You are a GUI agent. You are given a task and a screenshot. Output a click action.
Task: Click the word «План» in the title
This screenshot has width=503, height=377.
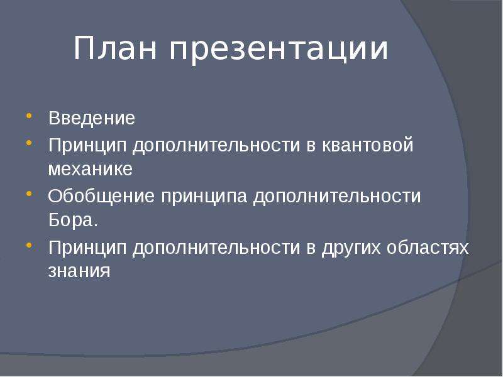pyautogui.click(x=116, y=48)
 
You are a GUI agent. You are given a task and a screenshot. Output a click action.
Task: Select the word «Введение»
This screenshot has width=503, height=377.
pyautogui.click(x=92, y=118)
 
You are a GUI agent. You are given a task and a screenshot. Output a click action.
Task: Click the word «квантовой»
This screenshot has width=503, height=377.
pyautogui.click(x=367, y=145)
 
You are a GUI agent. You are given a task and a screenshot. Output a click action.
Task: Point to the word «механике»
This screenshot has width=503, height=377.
pyautogui.click(x=90, y=169)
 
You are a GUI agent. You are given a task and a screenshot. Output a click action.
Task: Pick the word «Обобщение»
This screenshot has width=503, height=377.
pyautogui.click(x=101, y=195)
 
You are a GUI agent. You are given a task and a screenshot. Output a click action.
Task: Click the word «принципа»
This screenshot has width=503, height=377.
pyautogui.click(x=204, y=197)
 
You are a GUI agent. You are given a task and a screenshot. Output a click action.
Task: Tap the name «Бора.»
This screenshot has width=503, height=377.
pyautogui.click(x=73, y=220)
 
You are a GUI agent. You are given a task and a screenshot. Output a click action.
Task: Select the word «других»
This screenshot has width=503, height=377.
pyautogui.click(x=351, y=248)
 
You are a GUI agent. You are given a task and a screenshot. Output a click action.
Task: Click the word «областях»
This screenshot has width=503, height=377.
pyautogui.click(x=428, y=247)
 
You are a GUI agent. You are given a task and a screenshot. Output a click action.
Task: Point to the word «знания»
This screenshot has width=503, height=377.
pyautogui.click(x=79, y=271)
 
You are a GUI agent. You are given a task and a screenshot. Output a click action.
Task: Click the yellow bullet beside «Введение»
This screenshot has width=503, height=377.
pyautogui.click(x=29, y=116)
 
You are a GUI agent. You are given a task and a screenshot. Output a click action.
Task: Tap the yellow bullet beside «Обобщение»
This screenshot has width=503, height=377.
pyautogui.click(x=29, y=194)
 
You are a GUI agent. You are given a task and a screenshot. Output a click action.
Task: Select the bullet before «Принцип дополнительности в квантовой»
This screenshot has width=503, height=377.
pyautogui.click(x=29, y=143)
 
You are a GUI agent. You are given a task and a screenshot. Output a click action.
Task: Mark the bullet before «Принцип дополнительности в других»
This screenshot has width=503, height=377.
pyautogui.click(x=29, y=245)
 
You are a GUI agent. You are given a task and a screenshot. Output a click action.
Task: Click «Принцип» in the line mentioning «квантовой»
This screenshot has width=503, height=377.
pyautogui.click(x=87, y=146)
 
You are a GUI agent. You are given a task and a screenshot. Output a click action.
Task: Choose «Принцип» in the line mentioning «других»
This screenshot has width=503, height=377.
pyautogui.click(x=87, y=248)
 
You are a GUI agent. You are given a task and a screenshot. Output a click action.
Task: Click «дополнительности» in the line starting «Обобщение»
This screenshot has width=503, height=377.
pyautogui.click(x=337, y=197)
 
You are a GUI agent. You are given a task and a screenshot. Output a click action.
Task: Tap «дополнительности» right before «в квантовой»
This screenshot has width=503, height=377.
pyautogui.click(x=216, y=146)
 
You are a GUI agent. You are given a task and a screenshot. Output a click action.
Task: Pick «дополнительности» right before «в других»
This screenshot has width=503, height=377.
pyautogui.click(x=216, y=248)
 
